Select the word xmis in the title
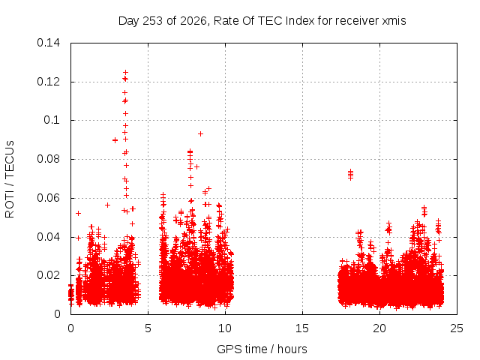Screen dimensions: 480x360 point(394,21)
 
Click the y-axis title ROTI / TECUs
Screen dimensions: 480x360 point(10,179)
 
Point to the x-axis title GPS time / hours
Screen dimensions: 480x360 point(262,349)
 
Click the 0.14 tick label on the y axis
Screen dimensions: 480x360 point(48,43)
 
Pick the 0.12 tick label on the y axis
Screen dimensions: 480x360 point(48,82)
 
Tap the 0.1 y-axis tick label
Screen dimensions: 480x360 point(52,120)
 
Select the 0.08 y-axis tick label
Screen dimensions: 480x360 point(48,159)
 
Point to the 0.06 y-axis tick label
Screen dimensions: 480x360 point(48,198)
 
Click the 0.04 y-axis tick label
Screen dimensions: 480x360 point(48,237)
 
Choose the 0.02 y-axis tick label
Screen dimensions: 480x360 point(48,275)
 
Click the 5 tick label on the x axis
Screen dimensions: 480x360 point(148,328)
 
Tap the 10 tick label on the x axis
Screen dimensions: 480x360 point(225,328)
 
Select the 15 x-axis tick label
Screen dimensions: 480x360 point(302,328)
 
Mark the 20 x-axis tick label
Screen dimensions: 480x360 point(379,328)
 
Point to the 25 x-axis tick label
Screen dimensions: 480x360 point(457,328)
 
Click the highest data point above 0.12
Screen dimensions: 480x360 point(125,73)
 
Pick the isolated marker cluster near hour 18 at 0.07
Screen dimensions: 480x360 point(351,175)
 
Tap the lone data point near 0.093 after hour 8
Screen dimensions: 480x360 point(200,133)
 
